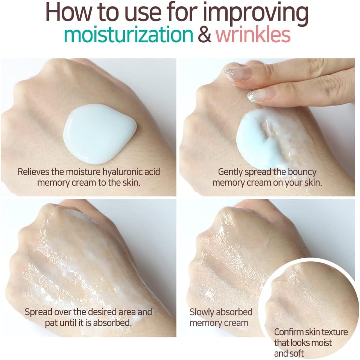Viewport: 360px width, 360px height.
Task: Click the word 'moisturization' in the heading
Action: pos(129,35)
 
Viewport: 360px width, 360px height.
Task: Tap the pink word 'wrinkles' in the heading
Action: pos(253,35)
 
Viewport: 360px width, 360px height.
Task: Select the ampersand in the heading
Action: pos(205,35)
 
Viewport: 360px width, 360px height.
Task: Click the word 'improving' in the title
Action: pos(255,13)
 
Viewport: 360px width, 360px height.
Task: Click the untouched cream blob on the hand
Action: pos(100,134)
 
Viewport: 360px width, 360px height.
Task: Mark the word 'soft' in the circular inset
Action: pos(297,354)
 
